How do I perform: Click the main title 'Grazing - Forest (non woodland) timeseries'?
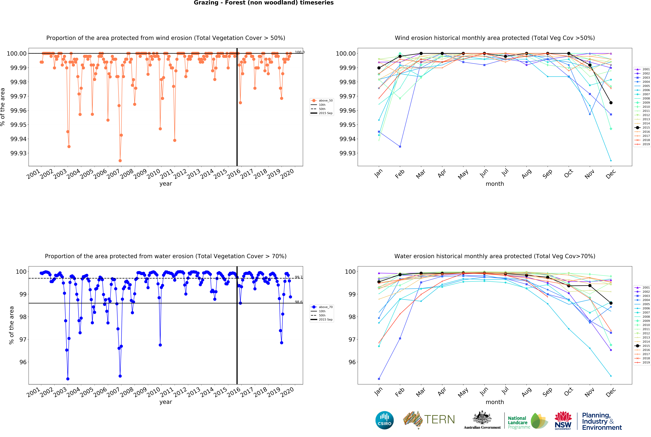click(x=264, y=3)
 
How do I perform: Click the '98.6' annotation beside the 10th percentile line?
click(x=298, y=302)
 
